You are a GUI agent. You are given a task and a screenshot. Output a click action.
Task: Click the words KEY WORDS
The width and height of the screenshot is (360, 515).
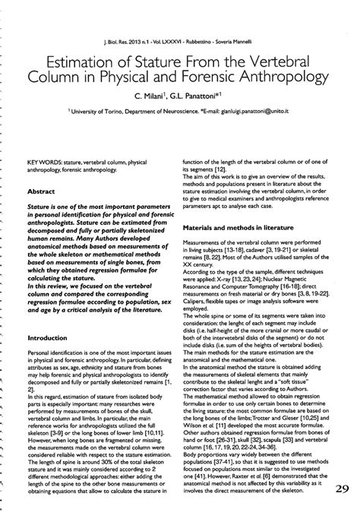point(43,162)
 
